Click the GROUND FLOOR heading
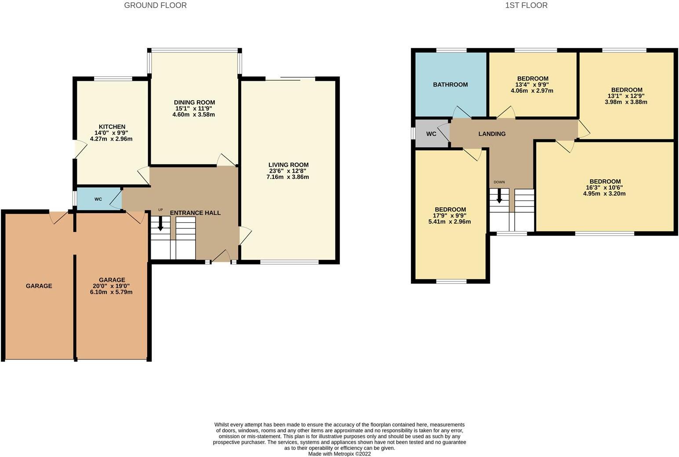155,5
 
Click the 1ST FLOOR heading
526,5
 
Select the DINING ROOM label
194,102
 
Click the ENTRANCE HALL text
195,213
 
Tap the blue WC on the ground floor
98,199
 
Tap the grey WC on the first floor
431,134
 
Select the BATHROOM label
450,84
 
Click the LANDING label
492,134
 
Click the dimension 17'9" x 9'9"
450,215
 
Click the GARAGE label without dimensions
39,286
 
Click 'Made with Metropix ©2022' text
339,454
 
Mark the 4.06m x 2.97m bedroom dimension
532,91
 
